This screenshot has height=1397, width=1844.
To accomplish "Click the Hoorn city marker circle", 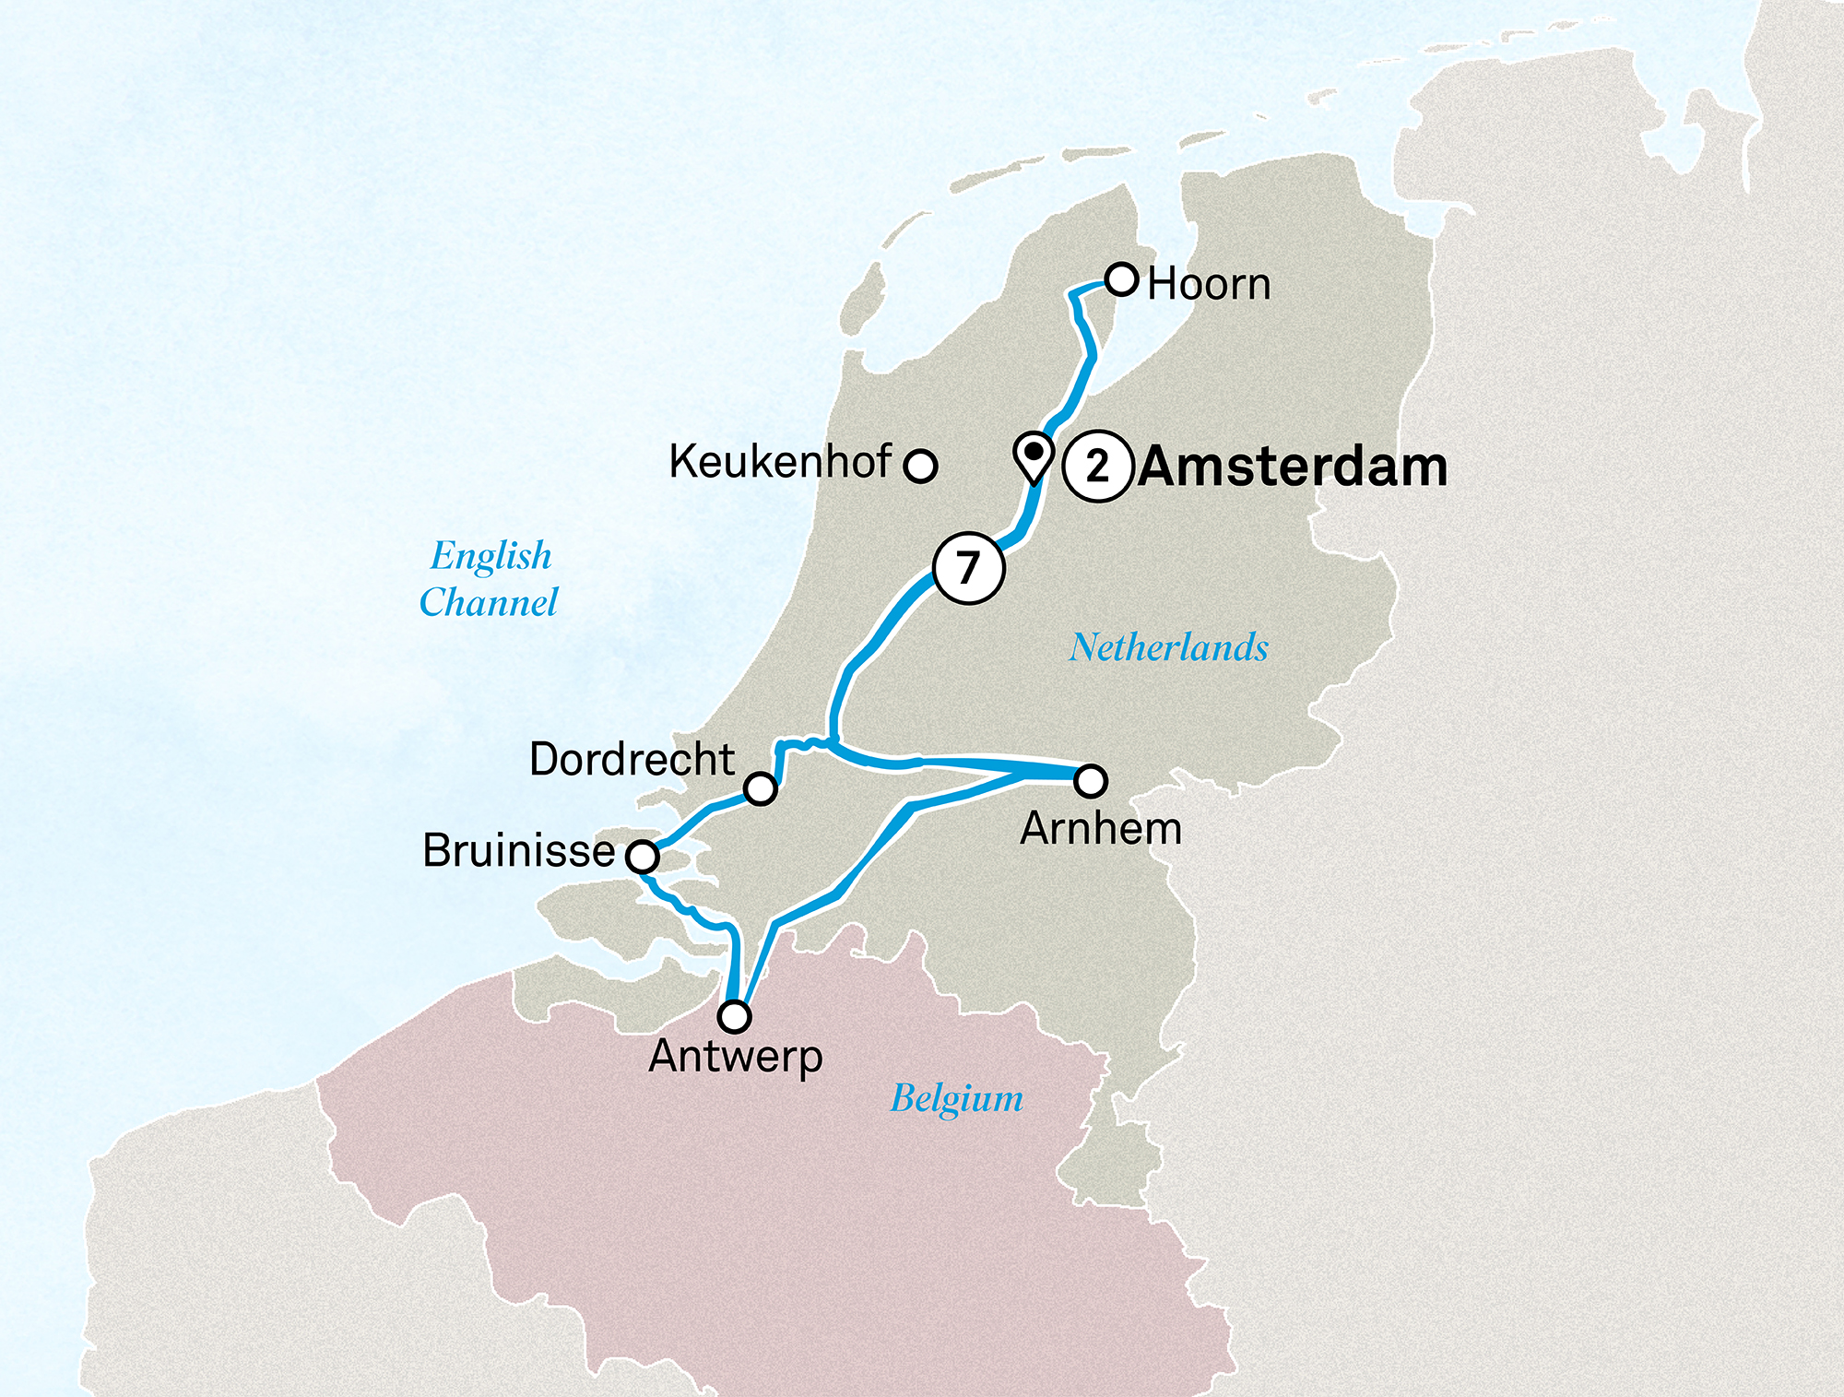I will [1121, 278].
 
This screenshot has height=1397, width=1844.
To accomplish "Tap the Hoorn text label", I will [1209, 284].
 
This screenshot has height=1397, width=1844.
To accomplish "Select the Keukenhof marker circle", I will [920, 466].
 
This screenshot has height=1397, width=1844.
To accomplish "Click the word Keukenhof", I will [780, 461].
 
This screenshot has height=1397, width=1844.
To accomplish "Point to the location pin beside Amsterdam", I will [1034, 455].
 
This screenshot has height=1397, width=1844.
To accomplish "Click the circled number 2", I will [1096, 467].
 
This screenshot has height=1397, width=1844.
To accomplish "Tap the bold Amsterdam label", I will [1293, 467].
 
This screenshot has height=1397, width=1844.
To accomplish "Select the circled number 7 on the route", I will [967, 568].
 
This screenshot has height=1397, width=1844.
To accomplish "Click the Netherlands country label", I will [1168, 647].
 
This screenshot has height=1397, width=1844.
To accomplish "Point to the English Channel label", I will [489, 579].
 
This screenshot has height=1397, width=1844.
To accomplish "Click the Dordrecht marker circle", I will [761, 788].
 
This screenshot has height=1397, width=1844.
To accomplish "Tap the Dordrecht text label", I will [632, 759].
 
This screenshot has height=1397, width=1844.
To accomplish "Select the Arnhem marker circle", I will [1091, 781].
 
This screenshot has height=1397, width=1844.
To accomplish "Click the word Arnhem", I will [1100, 828].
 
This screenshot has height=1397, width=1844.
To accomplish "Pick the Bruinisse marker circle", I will [643, 857].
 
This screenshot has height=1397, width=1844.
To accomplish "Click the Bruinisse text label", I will [518, 850].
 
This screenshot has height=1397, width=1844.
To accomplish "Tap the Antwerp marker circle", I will [735, 1016].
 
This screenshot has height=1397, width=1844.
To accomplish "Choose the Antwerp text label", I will [735, 1056].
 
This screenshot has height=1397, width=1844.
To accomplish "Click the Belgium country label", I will [956, 1098].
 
